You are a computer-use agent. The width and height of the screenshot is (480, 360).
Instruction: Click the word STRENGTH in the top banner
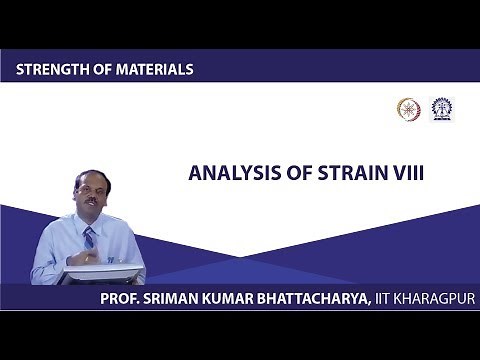(50, 70)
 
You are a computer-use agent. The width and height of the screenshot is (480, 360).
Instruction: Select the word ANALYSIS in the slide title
(226, 173)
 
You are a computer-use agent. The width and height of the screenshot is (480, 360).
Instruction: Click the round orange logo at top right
(407, 109)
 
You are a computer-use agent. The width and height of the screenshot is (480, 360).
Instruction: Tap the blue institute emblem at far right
(440, 109)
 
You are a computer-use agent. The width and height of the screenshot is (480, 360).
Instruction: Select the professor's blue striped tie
(89, 239)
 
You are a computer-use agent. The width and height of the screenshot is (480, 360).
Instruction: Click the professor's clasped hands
(91, 257)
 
